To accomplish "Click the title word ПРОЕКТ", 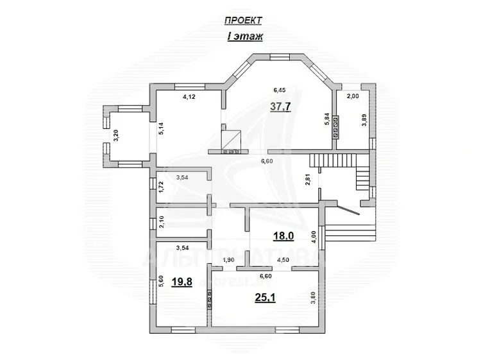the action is click(243, 21).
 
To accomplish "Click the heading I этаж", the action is click(245, 37).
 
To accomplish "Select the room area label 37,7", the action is click(280, 107).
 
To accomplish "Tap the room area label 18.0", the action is click(283, 236).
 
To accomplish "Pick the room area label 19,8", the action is click(181, 282).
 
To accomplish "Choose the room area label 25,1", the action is click(266, 297).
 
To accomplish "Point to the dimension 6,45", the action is click(280, 90).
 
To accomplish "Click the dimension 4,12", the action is click(189, 97).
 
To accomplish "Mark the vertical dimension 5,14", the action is click(162, 128).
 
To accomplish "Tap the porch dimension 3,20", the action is click(116, 135).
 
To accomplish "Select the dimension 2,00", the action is click(353, 96).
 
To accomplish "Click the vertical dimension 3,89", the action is click(364, 120).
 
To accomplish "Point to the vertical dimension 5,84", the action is click(327, 119).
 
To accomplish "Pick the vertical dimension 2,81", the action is click(308, 180).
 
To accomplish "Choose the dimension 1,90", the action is click(228, 260).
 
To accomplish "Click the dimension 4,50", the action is click(283, 260).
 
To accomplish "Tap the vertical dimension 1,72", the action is click(162, 187).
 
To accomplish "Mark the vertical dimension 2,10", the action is click(162, 222).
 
